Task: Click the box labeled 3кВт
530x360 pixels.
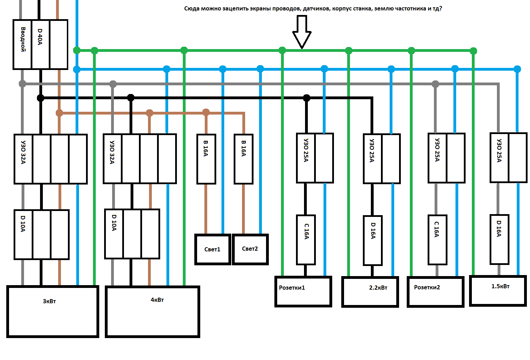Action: (53, 311)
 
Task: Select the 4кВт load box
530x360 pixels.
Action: (153, 311)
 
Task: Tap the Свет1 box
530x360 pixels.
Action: (213, 249)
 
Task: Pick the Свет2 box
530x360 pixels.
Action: (250, 249)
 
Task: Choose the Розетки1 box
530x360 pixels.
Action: (303, 291)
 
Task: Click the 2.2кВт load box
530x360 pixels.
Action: (370, 292)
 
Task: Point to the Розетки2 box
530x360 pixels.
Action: (435, 291)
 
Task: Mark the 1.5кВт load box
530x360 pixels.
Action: (498, 291)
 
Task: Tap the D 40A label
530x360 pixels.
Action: (40, 37)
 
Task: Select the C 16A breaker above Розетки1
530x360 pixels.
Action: (306, 240)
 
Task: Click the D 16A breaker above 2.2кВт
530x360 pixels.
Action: (373, 240)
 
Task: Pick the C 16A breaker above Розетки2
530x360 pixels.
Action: (437, 240)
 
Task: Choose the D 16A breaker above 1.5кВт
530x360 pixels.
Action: (499, 239)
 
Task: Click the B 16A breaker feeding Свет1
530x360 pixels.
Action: (206, 159)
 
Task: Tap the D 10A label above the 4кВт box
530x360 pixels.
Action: (114, 222)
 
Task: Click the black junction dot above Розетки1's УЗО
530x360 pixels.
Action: (306, 98)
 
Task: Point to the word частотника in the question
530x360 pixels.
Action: (411, 8)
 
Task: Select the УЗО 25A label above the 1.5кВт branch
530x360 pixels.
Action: (499, 150)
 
